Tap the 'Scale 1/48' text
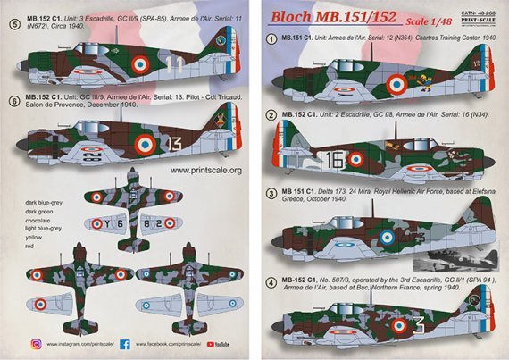(437, 20)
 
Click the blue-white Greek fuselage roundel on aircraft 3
(387, 238)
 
